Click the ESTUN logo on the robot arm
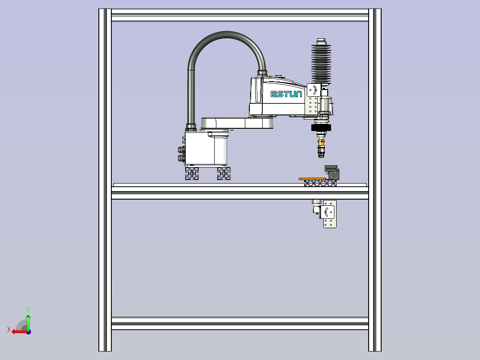(x=286, y=94)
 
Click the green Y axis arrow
(x=28, y=322)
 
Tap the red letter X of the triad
(x=9, y=330)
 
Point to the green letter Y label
(x=28, y=310)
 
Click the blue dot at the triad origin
(x=29, y=332)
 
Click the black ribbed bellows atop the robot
(x=321, y=63)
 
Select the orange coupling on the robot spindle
(x=321, y=143)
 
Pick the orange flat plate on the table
(x=312, y=179)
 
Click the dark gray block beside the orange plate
(x=332, y=172)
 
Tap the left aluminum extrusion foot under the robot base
(x=192, y=173)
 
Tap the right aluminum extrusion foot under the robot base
(x=224, y=173)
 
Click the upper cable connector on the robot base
(x=181, y=150)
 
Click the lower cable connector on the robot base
(x=181, y=158)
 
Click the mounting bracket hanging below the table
(x=329, y=214)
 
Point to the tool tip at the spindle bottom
(x=321, y=155)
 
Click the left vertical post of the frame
(x=105, y=180)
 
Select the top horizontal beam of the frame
(x=240, y=15)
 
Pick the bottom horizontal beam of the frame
(x=240, y=323)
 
